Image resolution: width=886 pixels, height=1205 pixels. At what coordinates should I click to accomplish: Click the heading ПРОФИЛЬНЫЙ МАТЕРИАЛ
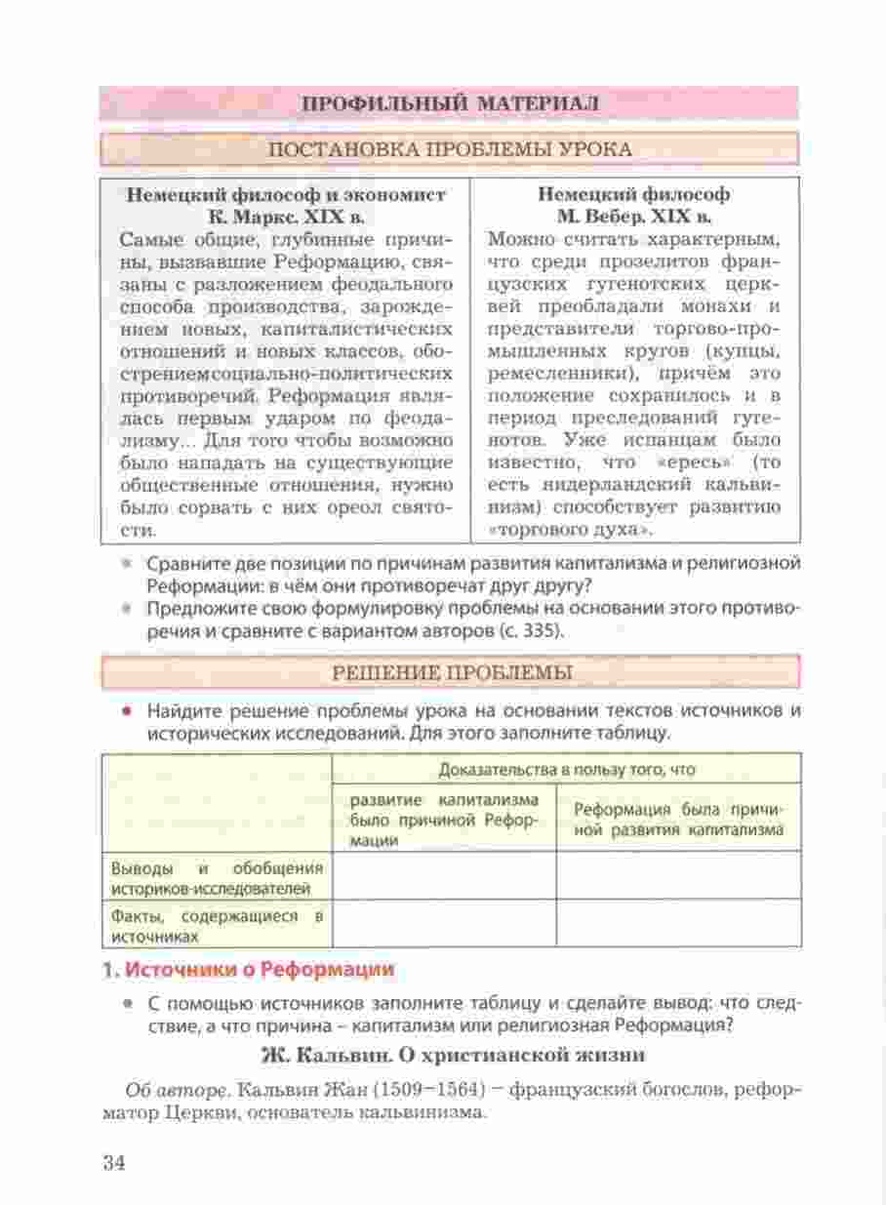pos(449,103)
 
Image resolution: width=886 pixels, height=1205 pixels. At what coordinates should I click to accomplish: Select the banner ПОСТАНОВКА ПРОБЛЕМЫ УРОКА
pos(449,149)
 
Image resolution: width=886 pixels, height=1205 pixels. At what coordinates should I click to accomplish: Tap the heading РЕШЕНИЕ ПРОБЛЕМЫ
pos(449,671)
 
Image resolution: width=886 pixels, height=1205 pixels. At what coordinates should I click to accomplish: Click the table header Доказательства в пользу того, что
pos(567,770)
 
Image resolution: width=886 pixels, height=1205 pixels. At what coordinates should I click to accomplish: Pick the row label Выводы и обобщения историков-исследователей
pos(217,877)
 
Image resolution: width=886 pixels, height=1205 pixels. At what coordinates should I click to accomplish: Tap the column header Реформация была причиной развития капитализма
pos(678,820)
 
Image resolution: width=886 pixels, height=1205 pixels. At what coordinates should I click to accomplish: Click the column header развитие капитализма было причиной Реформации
pos(444,820)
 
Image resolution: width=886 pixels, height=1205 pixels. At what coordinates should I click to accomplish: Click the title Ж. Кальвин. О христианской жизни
pos(455,1055)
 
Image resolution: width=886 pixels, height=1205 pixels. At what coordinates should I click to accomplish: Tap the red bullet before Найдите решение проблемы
pos(125,709)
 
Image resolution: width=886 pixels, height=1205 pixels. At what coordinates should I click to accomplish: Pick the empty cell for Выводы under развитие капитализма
pos(444,877)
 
